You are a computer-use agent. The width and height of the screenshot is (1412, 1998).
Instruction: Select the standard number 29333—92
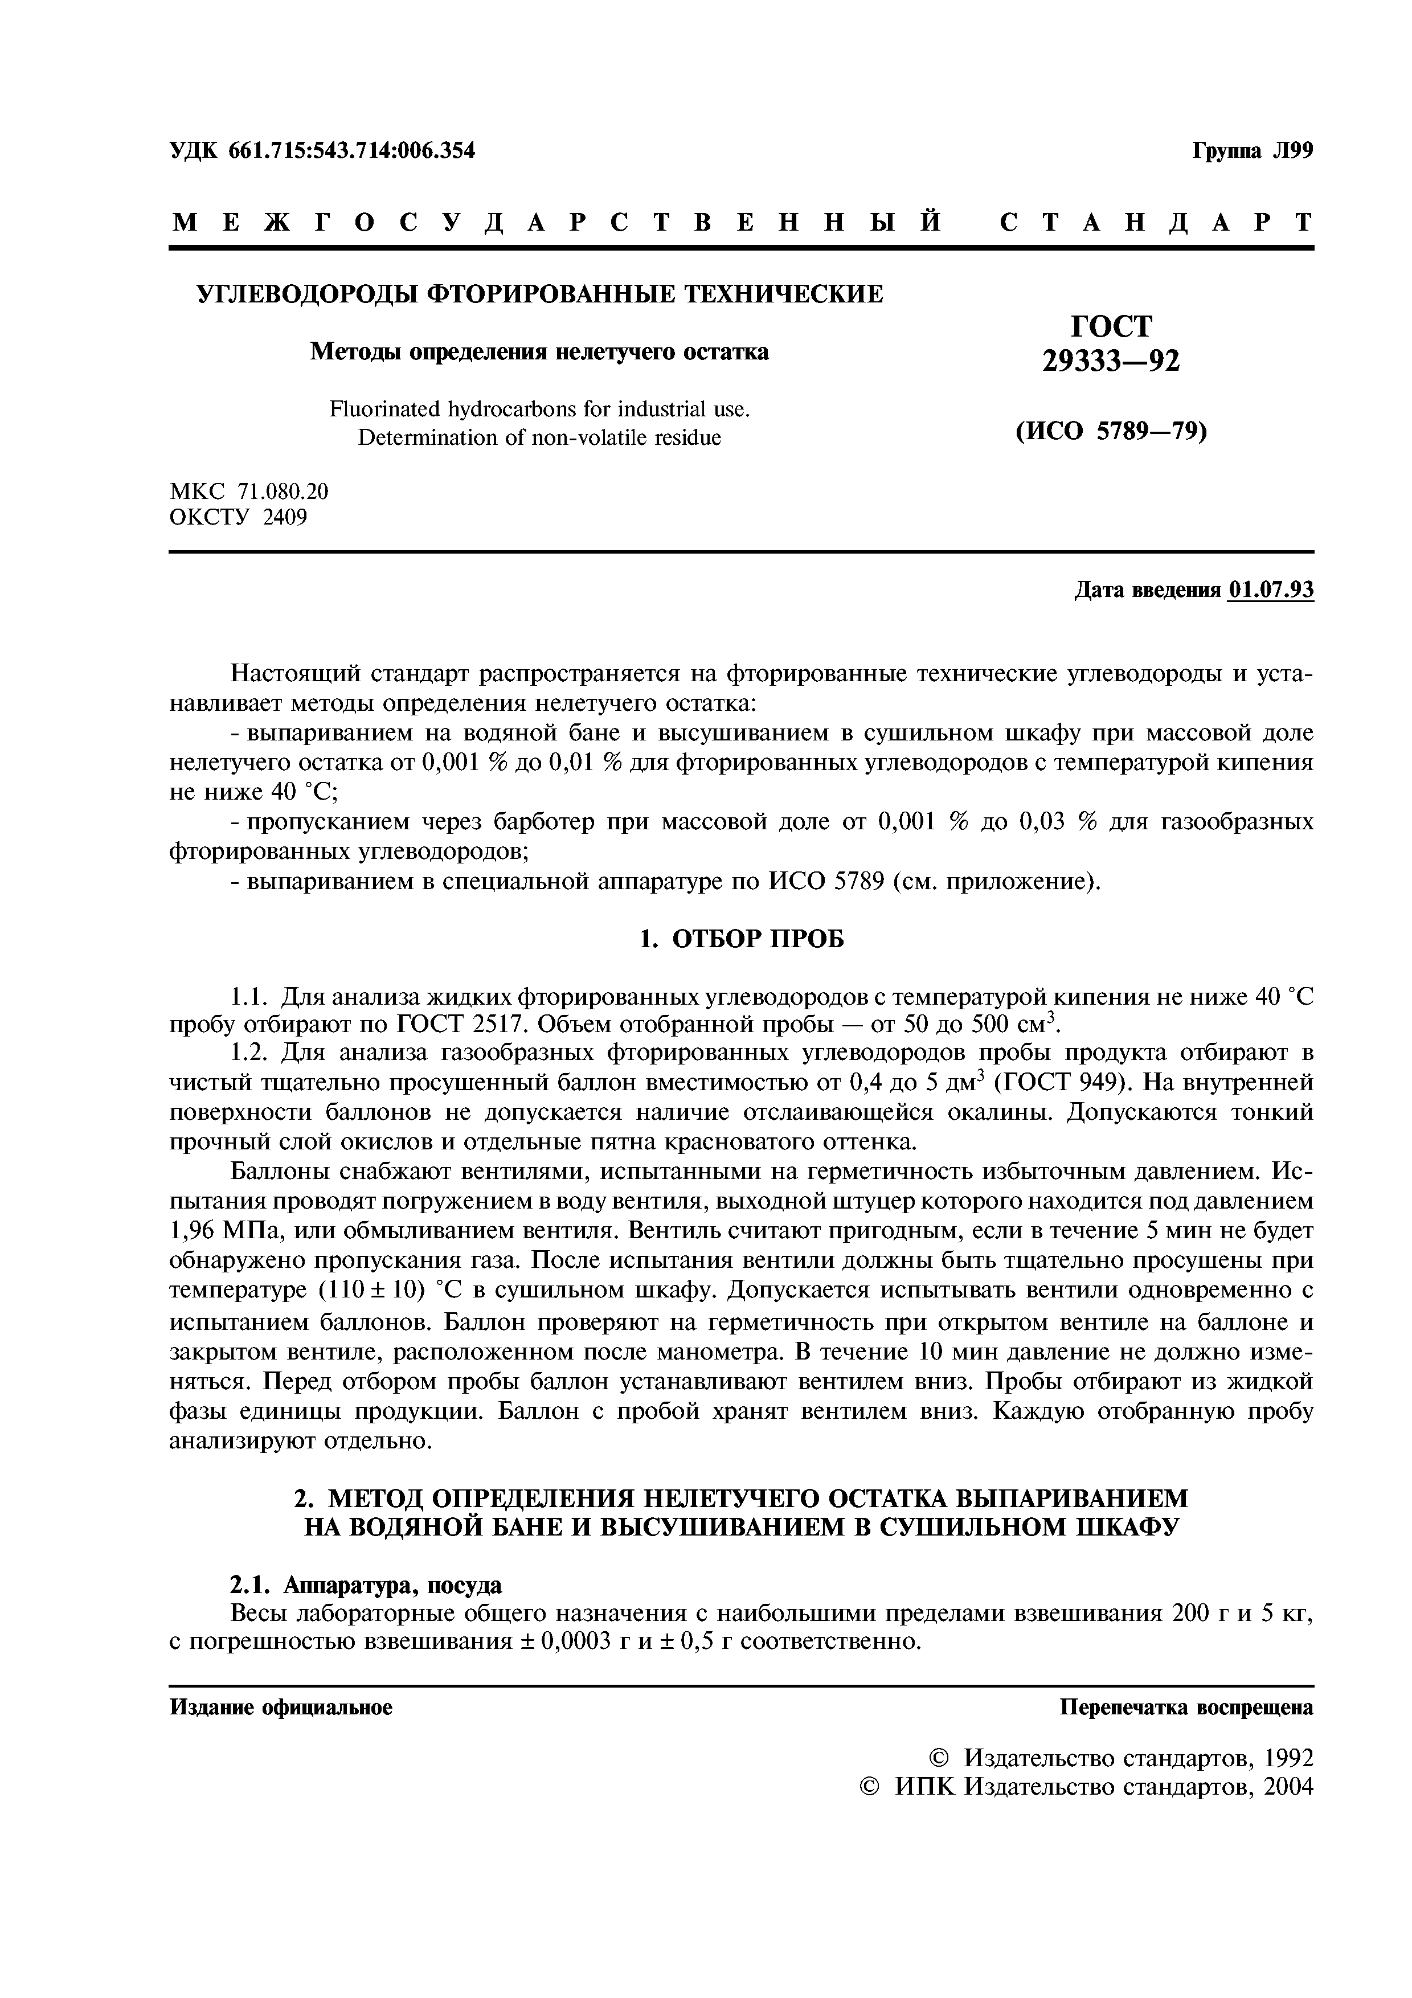[x=1111, y=361]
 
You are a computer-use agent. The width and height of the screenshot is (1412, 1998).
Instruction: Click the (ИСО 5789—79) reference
[x=1111, y=432]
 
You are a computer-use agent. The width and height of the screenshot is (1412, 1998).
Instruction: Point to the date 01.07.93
[x=1270, y=591]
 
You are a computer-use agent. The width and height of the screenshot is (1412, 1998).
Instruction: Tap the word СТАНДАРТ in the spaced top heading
[x=1155, y=223]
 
